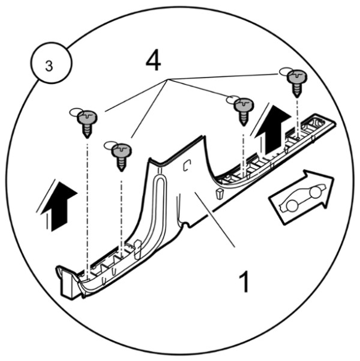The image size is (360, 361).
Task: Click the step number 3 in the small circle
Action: [49, 66]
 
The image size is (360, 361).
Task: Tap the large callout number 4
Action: [154, 61]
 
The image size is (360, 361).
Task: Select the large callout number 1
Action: [244, 281]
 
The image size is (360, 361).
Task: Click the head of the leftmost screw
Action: [88, 117]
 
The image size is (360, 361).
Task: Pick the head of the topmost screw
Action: [297, 76]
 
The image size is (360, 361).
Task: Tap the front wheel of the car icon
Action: [315, 192]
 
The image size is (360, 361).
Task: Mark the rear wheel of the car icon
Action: [292, 206]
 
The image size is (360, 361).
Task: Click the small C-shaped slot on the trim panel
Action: [187, 165]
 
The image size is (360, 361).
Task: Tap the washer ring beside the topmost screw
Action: [284, 71]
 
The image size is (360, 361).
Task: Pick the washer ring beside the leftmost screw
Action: [75, 112]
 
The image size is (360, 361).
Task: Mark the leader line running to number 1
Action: [215, 220]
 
